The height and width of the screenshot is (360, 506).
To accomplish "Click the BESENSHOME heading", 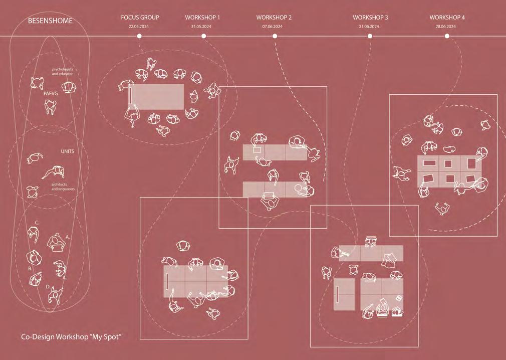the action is tap(50, 21).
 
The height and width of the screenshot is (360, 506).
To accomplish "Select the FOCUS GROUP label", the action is tap(140, 18).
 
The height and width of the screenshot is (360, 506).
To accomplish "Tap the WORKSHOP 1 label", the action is tap(202, 18).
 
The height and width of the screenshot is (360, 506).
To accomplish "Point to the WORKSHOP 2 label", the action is tap(274, 18).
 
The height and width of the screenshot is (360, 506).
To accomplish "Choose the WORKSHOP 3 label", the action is tap(370, 18).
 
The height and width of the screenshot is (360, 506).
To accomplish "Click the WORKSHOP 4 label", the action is tap(447, 18).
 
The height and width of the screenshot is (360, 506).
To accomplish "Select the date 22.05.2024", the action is tap(139, 26).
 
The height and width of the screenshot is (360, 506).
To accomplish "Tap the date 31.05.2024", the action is tap(202, 26).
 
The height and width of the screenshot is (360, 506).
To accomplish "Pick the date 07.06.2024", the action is tap(273, 26).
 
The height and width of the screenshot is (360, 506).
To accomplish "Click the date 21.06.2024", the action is tap(370, 26).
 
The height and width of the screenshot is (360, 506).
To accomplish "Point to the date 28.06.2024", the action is tap(446, 26).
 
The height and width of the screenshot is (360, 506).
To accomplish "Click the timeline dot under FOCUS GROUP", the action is tap(139, 36).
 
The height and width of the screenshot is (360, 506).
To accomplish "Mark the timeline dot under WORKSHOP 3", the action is tap(370, 36).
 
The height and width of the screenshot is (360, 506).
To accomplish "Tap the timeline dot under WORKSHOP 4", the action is tap(447, 36).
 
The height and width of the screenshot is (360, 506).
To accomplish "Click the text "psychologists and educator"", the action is tap(63, 72).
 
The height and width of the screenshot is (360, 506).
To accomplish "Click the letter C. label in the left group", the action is tap(37, 223).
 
